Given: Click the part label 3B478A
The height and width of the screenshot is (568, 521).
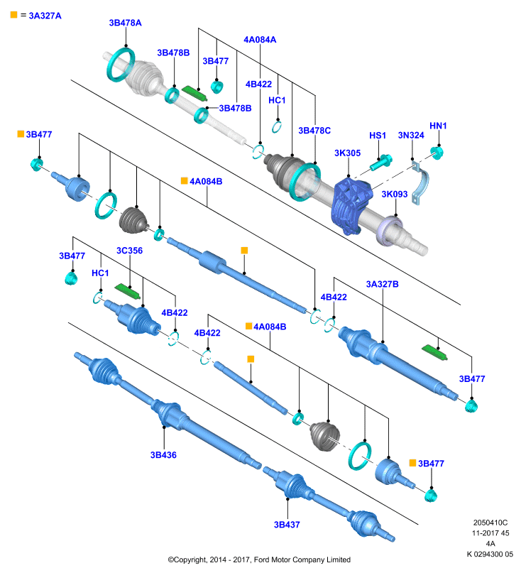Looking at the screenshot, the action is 125,23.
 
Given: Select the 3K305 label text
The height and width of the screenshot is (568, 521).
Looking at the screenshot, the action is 347,153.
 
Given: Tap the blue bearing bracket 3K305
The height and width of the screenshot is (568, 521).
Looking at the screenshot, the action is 351,205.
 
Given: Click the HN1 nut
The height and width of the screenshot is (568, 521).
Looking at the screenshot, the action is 437,153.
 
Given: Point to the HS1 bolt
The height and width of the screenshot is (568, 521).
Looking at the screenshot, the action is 381,163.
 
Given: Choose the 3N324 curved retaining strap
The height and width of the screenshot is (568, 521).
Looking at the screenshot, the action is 422,183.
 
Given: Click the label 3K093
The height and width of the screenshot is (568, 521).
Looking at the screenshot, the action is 395,194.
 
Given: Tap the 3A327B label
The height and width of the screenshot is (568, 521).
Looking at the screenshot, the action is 383,284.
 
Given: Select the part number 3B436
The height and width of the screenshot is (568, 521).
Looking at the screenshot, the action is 163,455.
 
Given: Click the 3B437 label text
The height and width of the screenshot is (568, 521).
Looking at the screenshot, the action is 287,525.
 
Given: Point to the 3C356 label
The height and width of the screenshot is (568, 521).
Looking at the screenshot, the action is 129,251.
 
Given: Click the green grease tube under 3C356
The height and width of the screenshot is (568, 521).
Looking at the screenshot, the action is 128,291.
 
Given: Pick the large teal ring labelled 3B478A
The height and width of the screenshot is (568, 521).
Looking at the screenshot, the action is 121,65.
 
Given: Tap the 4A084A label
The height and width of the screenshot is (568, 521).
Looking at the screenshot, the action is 260,40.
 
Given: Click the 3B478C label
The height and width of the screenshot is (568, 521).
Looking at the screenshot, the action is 314,131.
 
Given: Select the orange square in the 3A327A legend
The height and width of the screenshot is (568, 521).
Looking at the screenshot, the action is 13,15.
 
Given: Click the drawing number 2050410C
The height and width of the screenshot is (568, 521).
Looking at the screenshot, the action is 490,523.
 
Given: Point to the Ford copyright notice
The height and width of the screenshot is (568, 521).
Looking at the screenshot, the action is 259,559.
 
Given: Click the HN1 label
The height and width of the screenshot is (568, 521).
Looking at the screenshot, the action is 438,126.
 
